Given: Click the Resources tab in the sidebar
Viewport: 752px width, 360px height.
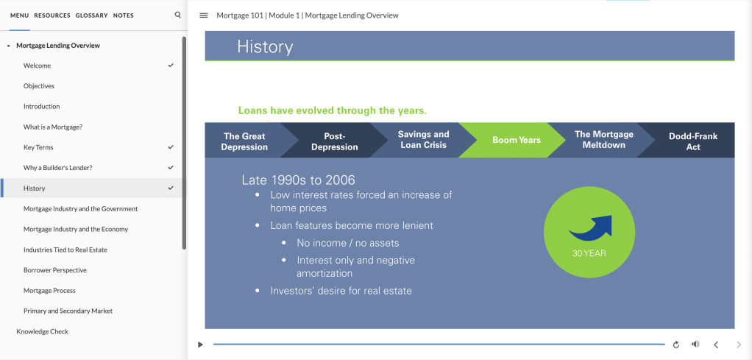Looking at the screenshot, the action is point(52,15).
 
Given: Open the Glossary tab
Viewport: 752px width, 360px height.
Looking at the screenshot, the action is point(91,15).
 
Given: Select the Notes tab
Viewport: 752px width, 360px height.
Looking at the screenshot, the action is point(124,15).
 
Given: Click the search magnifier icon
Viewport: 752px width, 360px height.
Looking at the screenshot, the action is point(178,15).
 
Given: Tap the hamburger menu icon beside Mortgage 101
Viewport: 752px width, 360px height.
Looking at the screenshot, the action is point(204,15).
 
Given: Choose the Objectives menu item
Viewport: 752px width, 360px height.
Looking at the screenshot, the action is point(39,86).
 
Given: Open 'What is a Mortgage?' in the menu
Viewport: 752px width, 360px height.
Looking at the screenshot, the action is point(53,127).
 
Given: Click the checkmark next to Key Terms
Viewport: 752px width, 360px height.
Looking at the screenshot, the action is point(171,147).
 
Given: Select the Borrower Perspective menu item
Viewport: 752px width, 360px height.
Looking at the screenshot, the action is point(55,270).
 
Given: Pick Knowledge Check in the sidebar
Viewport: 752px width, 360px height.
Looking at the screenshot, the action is point(42,331).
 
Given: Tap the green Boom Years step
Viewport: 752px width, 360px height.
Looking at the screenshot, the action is point(516,140).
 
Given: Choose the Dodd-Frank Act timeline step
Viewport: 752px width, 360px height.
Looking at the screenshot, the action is point(693,141).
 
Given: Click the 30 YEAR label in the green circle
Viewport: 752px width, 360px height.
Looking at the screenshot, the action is point(589,253).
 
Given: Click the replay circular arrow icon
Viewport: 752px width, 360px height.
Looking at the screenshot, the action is point(676,345).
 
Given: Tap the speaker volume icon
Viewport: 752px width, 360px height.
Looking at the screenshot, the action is point(695,344).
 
